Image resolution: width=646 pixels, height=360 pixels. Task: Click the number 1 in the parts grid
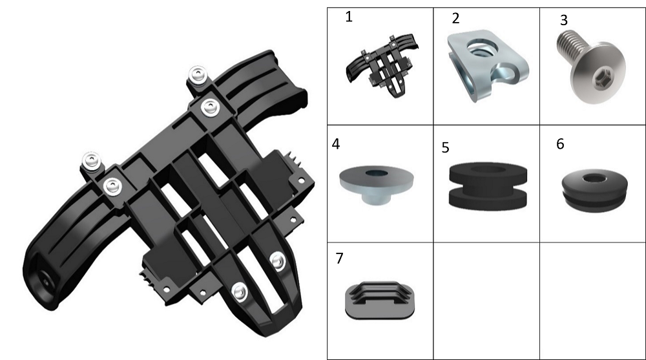pyautogui.click(x=349, y=17)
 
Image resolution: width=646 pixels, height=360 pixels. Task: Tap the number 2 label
pyautogui.click(x=455, y=18)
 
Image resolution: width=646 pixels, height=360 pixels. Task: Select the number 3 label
pyautogui.click(x=563, y=20)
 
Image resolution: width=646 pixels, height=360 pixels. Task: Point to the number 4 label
pyautogui.click(x=336, y=144)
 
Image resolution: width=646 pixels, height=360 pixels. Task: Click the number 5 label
pyautogui.click(x=445, y=147)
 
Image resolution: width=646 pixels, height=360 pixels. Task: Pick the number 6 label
pyautogui.click(x=560, y=144)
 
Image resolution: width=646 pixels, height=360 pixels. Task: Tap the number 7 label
pyautogui.click(x=339, y=258)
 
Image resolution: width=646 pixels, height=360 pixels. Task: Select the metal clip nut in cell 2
pyautogui.click(x=487, y=65)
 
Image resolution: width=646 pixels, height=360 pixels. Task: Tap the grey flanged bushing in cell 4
pyautogui.click(x=376, y=184)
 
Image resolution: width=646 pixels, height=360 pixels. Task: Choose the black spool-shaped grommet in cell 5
pyautogui.click(x=488, y=185)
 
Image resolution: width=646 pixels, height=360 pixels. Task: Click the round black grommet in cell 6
pyautogui.click(x=594, y=189)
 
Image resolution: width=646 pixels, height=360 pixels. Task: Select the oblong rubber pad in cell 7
pyautogui.click(x=379, y=300)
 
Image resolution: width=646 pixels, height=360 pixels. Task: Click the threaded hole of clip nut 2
pyautogui.click(x=482, y=48)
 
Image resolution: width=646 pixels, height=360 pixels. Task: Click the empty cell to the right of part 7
pyautogui.click(x=486, y=301)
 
